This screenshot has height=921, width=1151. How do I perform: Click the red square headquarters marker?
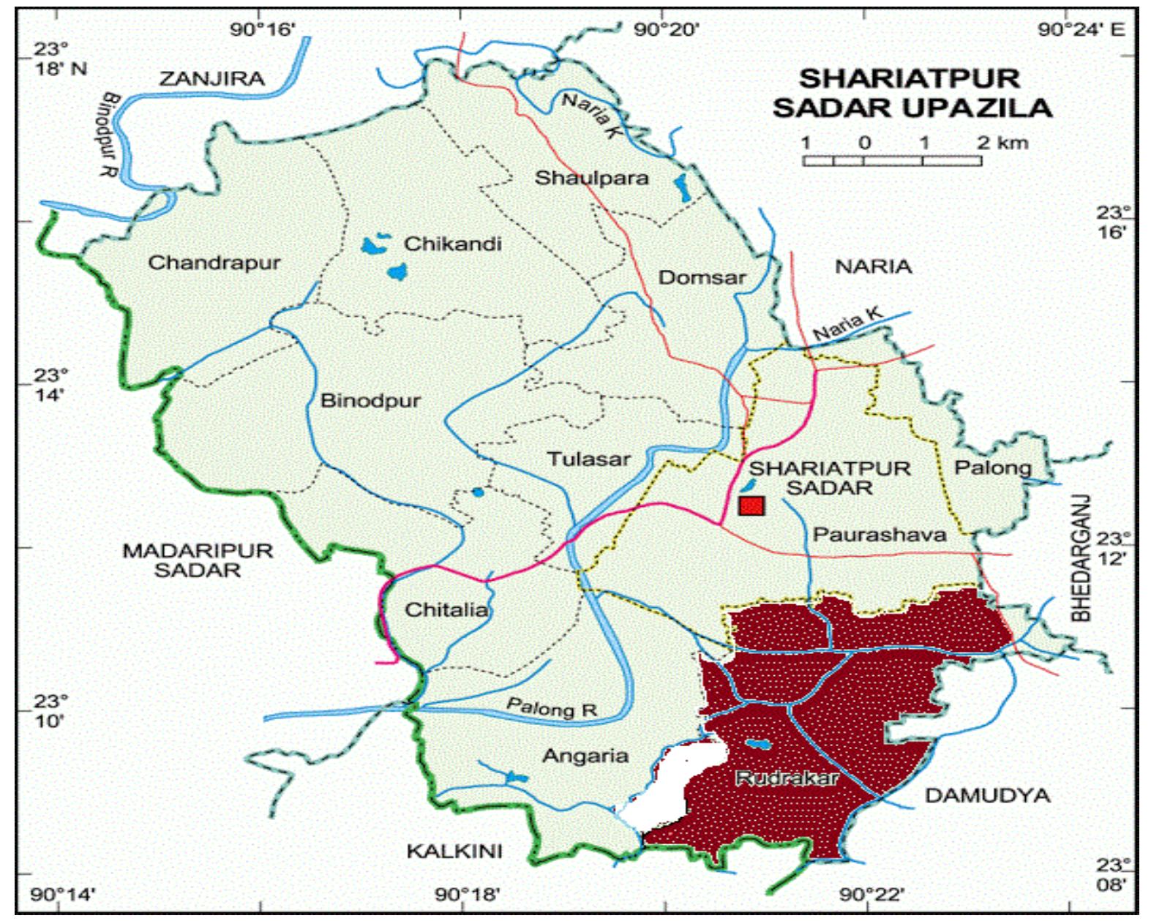pos(751,505)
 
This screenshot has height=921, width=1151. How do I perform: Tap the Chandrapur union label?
pos(214,263)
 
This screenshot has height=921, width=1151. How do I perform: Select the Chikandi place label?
pos(453,244)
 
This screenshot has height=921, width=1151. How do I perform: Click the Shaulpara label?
pos(591,178)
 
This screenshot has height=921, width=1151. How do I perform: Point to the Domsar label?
pos(702,278)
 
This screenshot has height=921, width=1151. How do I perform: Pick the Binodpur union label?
pos(370,401)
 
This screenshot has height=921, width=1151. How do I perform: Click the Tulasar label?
pos(589,459)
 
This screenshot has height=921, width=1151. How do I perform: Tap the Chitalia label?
pos(446,609)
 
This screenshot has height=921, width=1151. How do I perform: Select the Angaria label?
pos(585,756)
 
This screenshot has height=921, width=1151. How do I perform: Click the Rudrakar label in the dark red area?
pos(787,778)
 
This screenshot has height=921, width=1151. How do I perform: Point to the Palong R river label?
pos(552,708)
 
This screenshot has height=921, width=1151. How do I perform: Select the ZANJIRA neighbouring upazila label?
pos(211,78)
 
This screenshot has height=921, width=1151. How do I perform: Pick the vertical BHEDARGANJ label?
pos(1081,558)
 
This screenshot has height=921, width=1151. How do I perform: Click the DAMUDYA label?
pos(987,795)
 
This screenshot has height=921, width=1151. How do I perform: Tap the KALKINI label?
pos(454,851)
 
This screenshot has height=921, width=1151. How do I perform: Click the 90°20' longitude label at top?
pos(666,30)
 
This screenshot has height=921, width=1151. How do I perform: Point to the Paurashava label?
pos(880,535)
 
